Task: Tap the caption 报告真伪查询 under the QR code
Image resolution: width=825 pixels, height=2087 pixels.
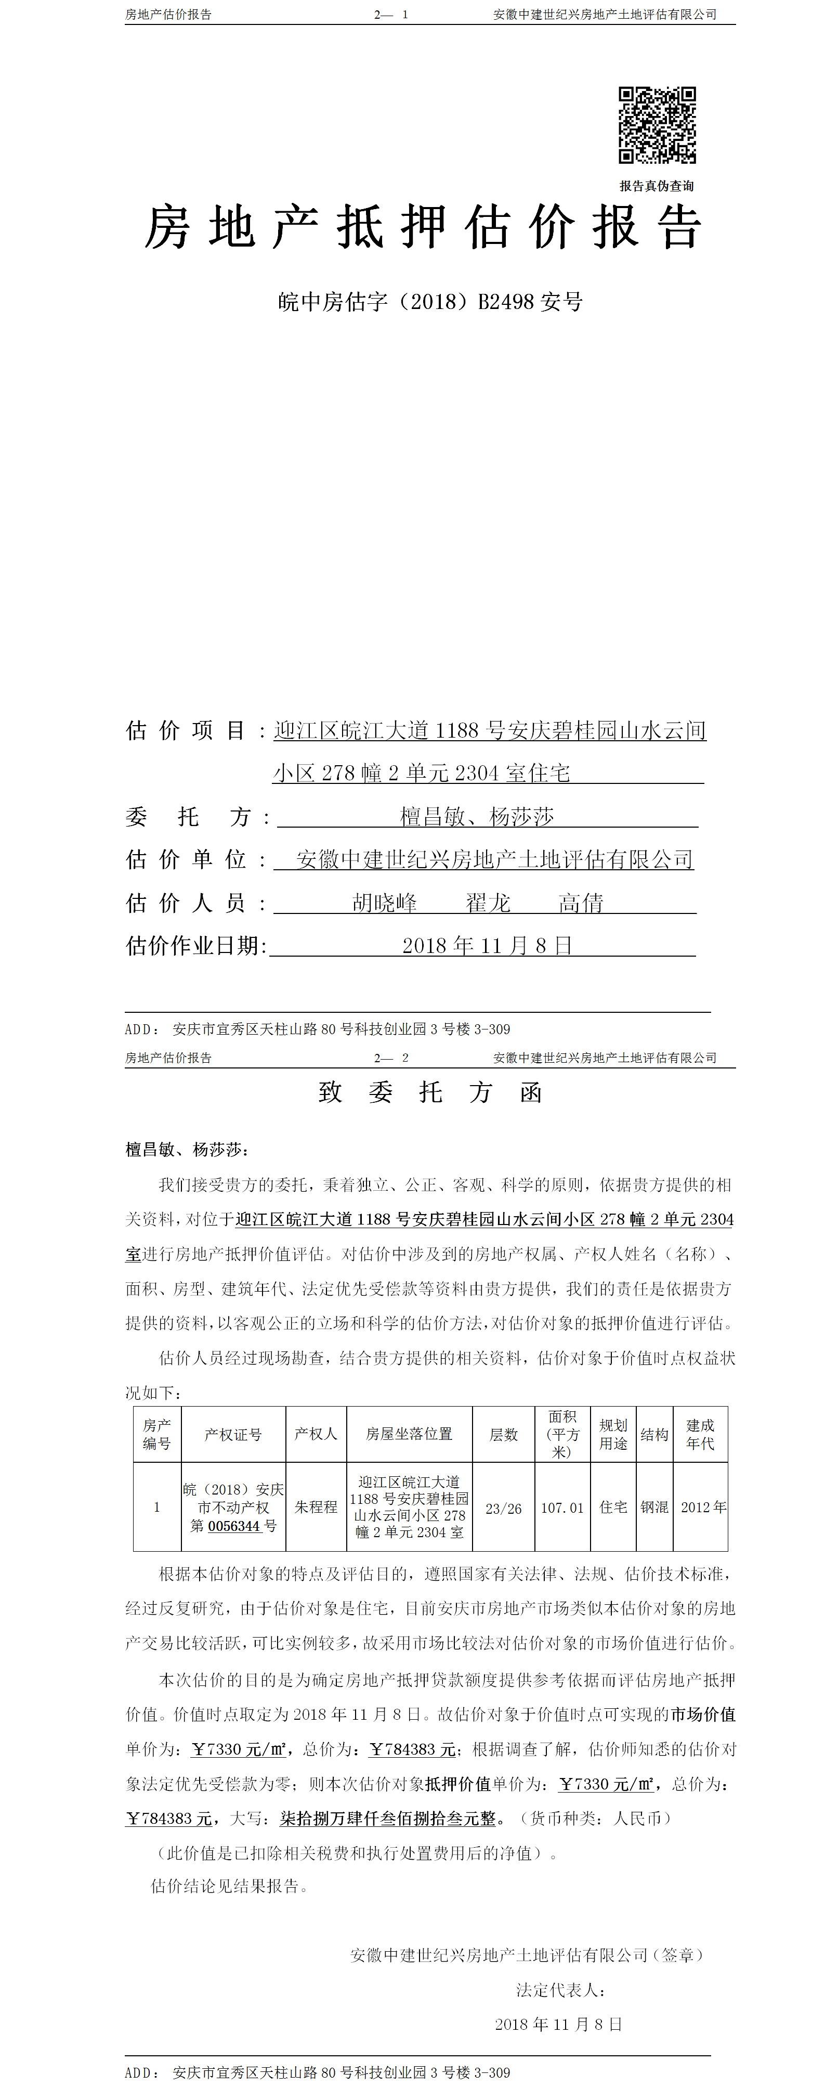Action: (x=657, y=186)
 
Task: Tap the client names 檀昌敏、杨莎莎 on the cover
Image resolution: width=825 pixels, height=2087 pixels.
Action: (x=477, y=817)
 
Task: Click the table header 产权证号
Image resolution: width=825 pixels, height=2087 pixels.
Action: (x=233, y=1435)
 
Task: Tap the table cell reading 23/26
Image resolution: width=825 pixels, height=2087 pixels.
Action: (x=504, y=1509)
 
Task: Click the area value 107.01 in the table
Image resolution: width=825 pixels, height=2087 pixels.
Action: (x=562, y=1509)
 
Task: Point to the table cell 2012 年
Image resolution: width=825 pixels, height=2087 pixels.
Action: (x=703, y=1507)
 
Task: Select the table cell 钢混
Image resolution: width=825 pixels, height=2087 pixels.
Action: (x=654, y=1507)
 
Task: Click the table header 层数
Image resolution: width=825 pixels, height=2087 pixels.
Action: (x=504, y=1435)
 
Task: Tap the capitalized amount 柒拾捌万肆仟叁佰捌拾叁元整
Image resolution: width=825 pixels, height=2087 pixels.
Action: (x=388, y=1819)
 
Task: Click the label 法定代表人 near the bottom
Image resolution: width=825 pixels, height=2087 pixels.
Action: (x=560, y=1990)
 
